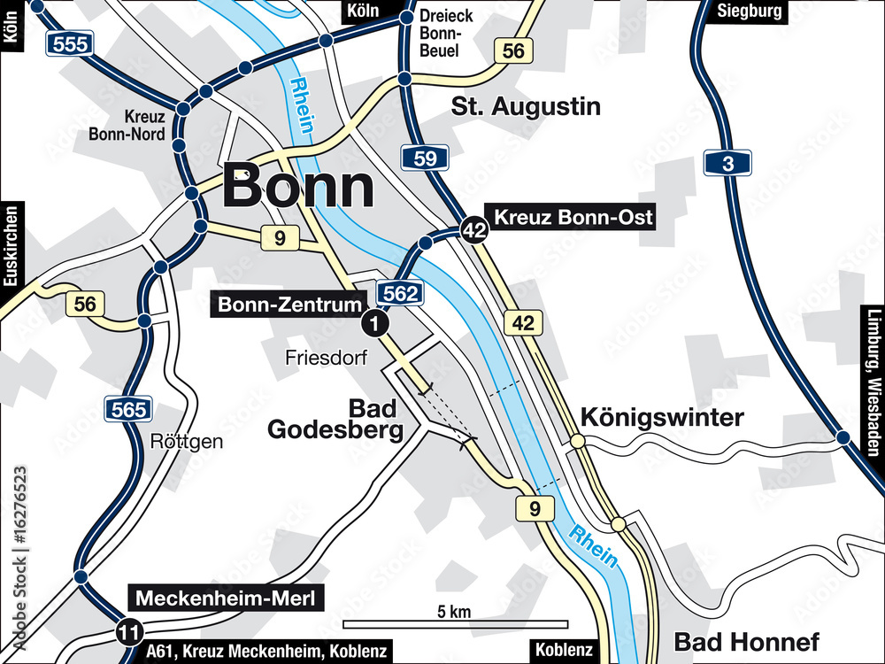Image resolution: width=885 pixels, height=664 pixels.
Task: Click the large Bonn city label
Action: (297, 188)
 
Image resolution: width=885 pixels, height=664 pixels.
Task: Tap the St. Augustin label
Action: (526, 107)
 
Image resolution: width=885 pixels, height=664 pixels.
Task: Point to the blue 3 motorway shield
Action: (727, 162)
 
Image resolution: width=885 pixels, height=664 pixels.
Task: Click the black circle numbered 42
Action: (474, 230)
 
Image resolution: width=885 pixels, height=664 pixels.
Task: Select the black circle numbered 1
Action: (375, 324)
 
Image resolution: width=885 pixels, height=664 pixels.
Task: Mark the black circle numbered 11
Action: (129, 632)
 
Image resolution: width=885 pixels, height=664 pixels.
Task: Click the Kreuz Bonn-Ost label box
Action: (573, 217)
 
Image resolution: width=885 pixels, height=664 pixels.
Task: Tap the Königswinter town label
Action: (662, 418)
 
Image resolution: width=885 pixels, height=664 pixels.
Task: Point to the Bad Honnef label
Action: (746, 642)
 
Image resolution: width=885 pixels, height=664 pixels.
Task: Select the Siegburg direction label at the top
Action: (750, 11)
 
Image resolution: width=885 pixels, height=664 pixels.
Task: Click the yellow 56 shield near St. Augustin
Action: (514, 50)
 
